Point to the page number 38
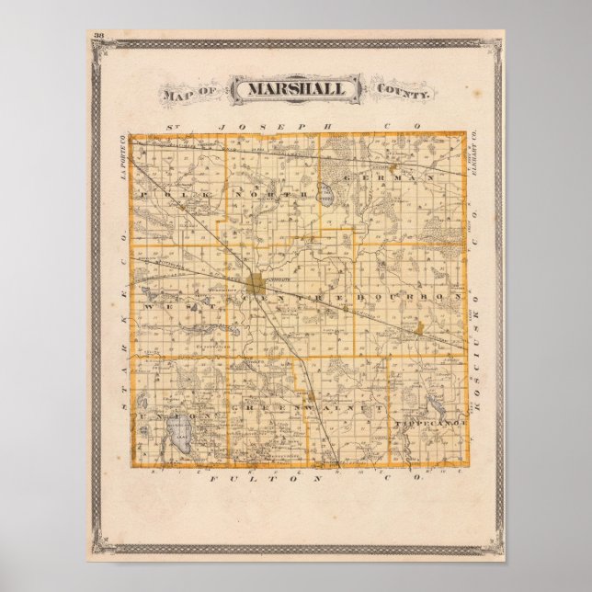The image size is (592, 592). point(98,36)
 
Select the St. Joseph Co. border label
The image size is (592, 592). point(296,125)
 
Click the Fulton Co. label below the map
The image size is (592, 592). point(296,479)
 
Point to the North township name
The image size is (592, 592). point(268,195)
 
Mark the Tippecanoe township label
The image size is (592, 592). point(430,421)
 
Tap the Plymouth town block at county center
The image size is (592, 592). point(258,281)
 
